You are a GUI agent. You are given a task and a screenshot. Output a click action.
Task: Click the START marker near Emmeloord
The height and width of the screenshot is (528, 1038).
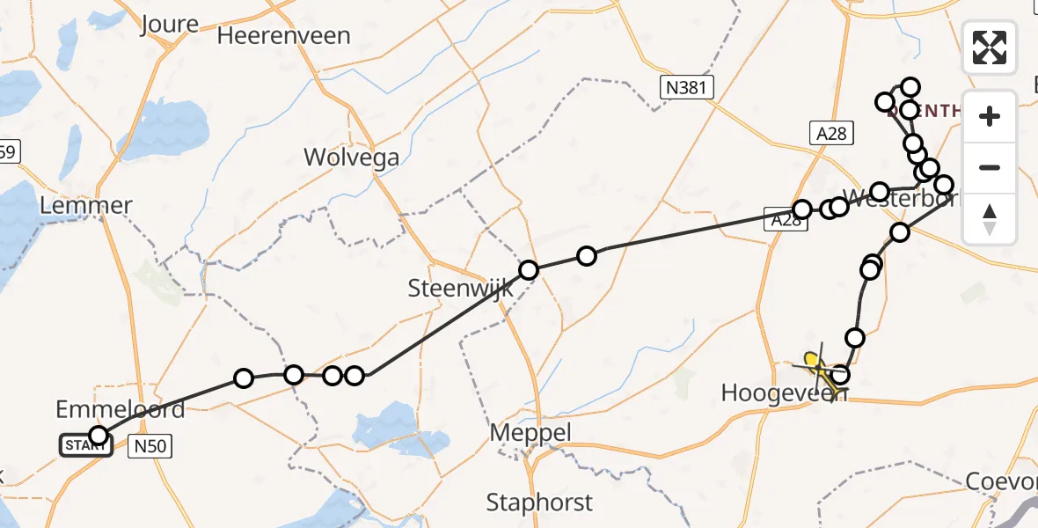85,445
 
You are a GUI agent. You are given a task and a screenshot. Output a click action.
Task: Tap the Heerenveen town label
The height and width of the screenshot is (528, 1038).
284,36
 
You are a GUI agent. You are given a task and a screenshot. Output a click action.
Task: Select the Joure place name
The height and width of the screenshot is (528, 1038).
169,24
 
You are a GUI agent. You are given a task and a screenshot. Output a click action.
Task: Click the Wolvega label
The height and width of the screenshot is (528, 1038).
351,158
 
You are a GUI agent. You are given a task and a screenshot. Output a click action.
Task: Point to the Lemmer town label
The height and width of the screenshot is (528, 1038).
86,206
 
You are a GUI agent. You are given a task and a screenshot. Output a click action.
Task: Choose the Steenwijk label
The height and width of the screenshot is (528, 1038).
454,288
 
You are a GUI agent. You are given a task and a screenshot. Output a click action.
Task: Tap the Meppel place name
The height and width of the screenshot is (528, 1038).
530,433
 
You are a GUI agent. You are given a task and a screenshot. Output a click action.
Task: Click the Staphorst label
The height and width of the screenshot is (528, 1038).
539,502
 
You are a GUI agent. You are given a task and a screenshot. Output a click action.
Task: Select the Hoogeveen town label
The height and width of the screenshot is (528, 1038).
783,392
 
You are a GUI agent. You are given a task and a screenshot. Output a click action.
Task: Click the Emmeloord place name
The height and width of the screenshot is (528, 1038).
121,409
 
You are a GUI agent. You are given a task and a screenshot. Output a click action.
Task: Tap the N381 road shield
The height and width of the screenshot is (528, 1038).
687,86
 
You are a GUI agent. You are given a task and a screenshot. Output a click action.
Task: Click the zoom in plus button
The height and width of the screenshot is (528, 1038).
990,116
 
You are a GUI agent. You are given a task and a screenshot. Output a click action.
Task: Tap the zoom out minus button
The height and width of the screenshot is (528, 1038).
990,167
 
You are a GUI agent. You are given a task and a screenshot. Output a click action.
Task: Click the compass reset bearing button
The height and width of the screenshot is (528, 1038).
990,218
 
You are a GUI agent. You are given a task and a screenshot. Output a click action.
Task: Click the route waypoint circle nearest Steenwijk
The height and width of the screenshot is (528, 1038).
529,270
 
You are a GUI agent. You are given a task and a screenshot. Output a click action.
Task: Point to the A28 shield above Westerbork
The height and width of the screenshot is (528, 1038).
830,133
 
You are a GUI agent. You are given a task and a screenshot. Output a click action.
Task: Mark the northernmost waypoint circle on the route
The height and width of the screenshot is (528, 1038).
910,87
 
